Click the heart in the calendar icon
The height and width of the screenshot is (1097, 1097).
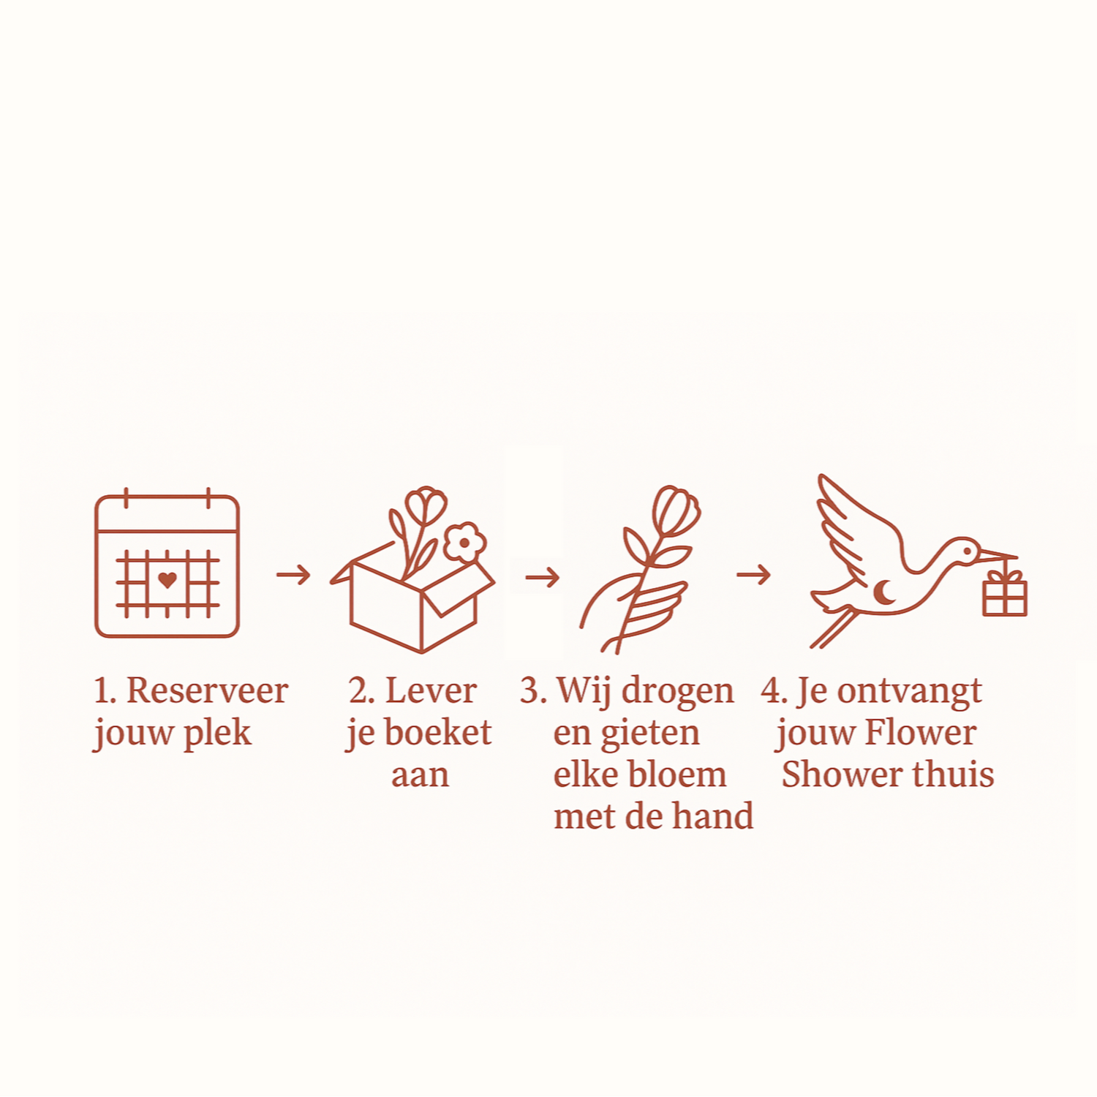pos(167,580)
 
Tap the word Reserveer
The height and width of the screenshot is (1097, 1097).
pos(207,690)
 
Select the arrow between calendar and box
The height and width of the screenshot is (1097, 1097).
pos(293,575)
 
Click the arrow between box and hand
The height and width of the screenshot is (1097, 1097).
pos(542,578)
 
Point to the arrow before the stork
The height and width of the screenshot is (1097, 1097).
pos(753,575)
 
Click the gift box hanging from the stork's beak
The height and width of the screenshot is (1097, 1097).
pos(1005,593)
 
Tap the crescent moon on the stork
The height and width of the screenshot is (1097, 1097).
pos(884,592)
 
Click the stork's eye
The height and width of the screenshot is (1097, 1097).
pos(967,551)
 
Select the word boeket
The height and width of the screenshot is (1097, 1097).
pos(438,733)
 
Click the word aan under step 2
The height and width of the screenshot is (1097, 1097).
pos(420,775)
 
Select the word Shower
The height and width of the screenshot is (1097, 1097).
pos(841,774)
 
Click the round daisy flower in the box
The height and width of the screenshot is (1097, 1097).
pos(464,543)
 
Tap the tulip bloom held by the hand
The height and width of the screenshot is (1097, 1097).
pos(676,510)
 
